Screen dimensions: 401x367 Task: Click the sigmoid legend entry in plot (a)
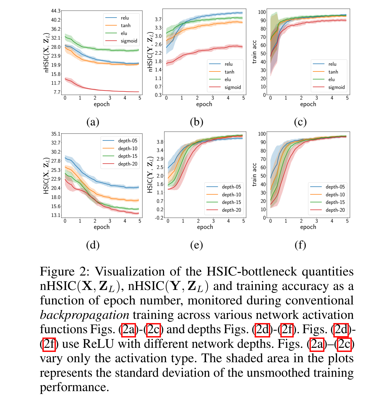click(129, 41)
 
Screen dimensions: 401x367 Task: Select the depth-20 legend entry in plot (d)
click(127, 164)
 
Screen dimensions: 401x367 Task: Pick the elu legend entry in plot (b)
click(228, 80)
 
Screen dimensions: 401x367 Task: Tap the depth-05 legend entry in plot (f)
click(335, 187)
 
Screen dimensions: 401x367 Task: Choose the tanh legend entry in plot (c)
click(333, 72)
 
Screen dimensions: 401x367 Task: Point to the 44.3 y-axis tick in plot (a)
click(56, 11)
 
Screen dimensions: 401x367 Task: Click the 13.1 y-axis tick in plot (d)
click(56, 215)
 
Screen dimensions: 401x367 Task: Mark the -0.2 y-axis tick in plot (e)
click(159, 218)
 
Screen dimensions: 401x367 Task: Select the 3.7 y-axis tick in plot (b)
click(158, 19)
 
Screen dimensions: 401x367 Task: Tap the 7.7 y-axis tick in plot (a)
click(57, 92)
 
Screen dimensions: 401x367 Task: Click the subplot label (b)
click(196, 122)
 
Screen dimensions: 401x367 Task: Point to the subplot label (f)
click(300, 245)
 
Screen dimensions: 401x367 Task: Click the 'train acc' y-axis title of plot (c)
click(254, 52)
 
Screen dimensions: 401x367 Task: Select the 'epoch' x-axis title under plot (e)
click(205, 227)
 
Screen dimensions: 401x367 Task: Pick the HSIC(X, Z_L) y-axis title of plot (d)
click(46, 175)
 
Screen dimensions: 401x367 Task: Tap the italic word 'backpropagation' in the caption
click(84, 315)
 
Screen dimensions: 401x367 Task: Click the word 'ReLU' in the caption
click(98, 344)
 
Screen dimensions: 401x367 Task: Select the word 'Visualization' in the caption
click(130, 271)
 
